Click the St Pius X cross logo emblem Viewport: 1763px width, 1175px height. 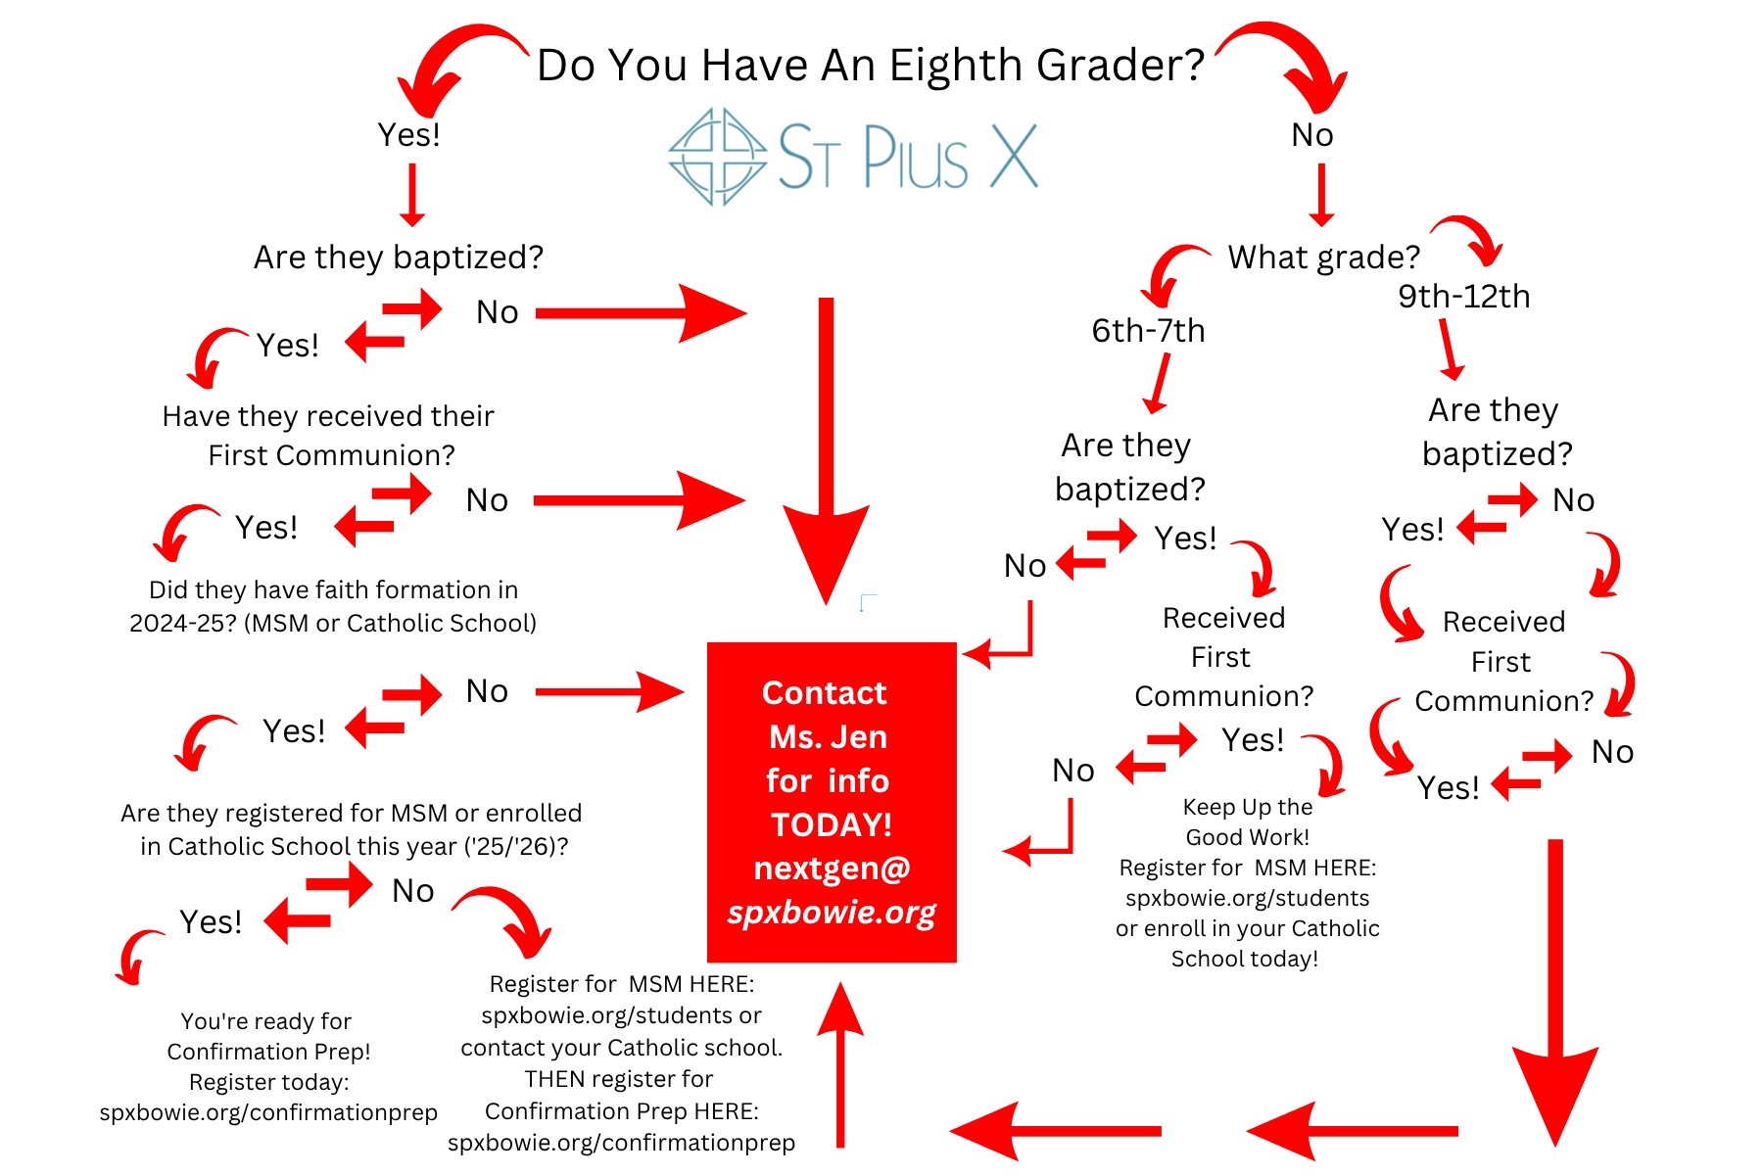pos(717,157)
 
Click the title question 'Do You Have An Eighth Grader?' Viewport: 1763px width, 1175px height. pos(871,66)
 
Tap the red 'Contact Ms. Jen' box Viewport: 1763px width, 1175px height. pos(832,802)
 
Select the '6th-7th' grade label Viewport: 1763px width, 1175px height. pos(1148,331)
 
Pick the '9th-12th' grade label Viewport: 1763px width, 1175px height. pos(1463,296)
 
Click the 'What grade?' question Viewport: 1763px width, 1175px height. pos(1324,258)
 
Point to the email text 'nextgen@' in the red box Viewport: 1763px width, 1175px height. pos(832,869)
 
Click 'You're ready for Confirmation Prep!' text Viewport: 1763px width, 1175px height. pos(268,1036)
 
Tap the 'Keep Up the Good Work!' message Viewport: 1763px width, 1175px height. pos(1247,822)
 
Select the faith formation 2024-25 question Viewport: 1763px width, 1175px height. pos(333,606)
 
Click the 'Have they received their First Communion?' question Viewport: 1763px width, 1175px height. pos(329,436)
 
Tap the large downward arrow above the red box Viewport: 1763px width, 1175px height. pos(827,450)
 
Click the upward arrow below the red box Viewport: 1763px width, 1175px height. pos(840,1064)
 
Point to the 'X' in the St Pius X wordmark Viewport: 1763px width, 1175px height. pos(1014,156)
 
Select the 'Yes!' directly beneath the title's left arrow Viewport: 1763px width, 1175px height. pos(409,135)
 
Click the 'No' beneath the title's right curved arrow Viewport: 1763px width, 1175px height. pos(1312,135)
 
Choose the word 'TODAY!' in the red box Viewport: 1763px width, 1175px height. pos(832,824)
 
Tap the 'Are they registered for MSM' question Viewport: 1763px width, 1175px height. pos(352,829)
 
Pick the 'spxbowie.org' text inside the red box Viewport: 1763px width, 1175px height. pos(832,913)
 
